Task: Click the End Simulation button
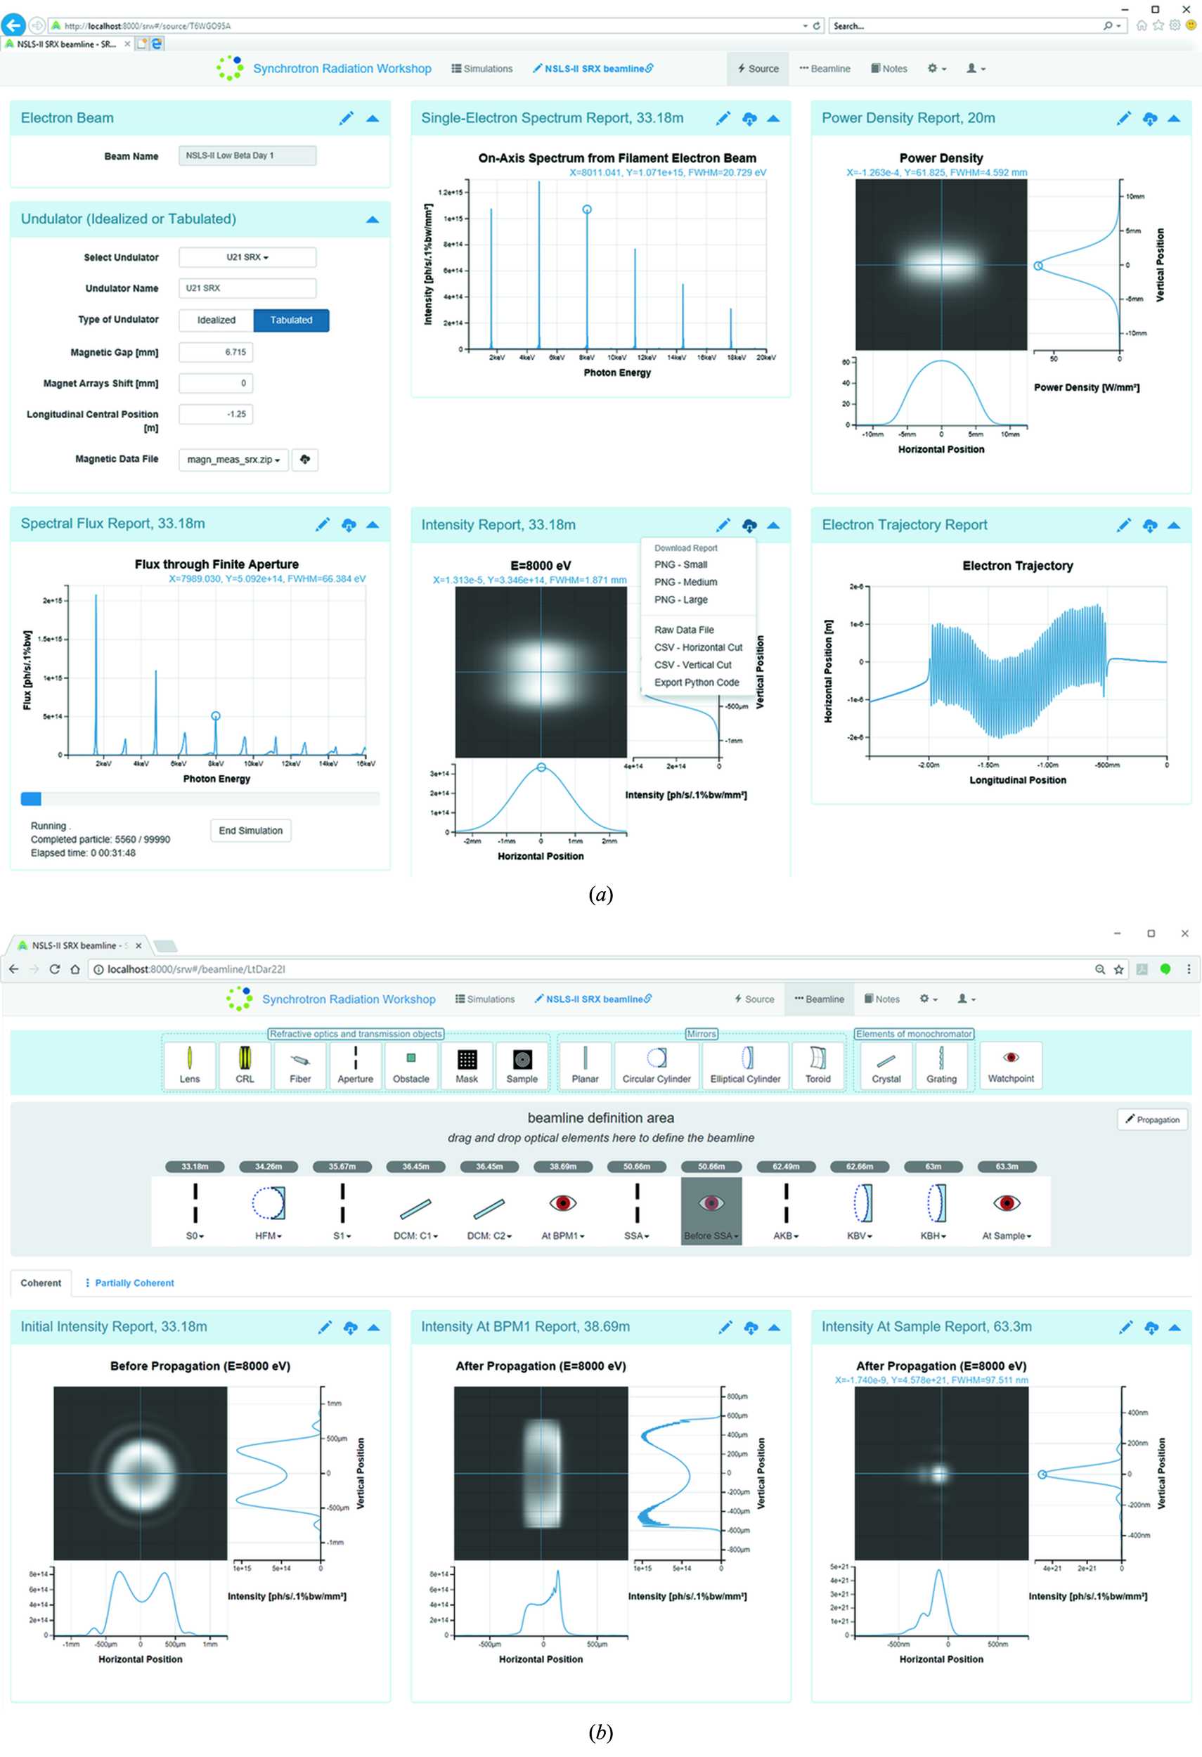[250, 830]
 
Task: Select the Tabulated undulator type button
[291, 320]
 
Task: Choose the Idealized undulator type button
[217, 320]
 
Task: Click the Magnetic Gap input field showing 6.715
[217, 352]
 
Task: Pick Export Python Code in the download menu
[697, 682]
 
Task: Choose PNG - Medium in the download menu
[685, 582]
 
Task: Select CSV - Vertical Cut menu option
[692, 665]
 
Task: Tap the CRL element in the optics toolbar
[245, 1065]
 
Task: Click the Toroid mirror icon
[818, 1065]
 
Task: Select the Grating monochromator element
[941, 1065]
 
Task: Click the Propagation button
[1152, 1120]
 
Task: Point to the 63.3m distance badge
[1006, 1167]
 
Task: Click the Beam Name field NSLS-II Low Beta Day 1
[247, 156]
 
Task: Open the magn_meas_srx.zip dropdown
[233, 460]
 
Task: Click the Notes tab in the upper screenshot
[889, 69]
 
